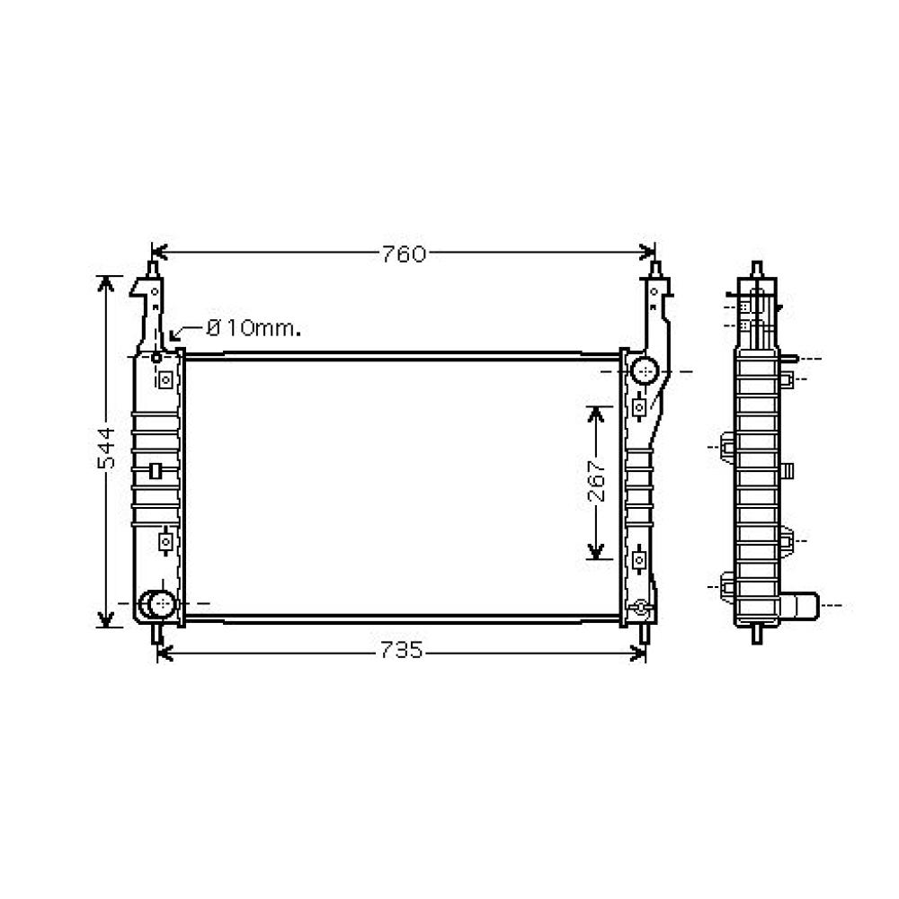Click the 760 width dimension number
[x=401, y=254]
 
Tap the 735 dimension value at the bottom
[x=401, y=651]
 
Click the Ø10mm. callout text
[x=254, y=328]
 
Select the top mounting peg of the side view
[x=757, y=269]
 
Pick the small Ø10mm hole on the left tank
[x=156, y=357]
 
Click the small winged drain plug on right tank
[x=639, y=608]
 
